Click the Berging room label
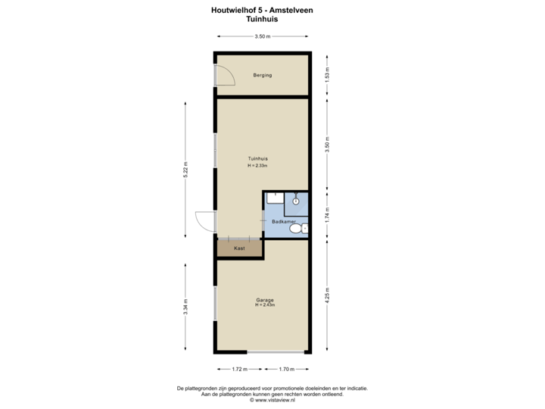coord(263,76)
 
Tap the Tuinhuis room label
coord(258,158)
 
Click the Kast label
coord(239,248)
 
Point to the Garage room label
coord(264,300)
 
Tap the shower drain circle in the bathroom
coord(295,201)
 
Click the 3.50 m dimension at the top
coord(263,36)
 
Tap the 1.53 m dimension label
coord(327,75)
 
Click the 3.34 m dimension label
coord(185,306)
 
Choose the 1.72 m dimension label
coord(239,369)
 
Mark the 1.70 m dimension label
coord(285,369)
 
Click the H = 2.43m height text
coord(264,305)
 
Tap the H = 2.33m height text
coord(258,165)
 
